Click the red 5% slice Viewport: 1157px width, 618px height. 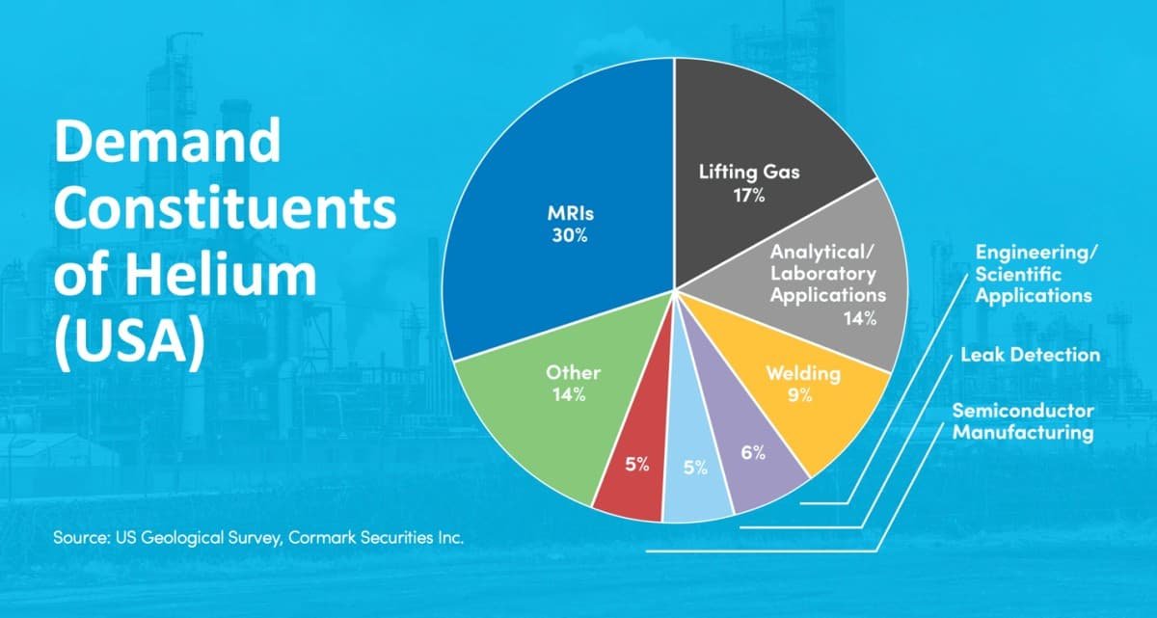632,482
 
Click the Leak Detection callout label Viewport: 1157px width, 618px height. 1030,355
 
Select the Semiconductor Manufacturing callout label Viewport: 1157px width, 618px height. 1023,421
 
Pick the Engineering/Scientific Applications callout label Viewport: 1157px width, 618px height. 1034,273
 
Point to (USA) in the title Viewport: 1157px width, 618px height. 129,342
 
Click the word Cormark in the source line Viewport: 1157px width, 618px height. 319,538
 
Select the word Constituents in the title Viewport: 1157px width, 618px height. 225,210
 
